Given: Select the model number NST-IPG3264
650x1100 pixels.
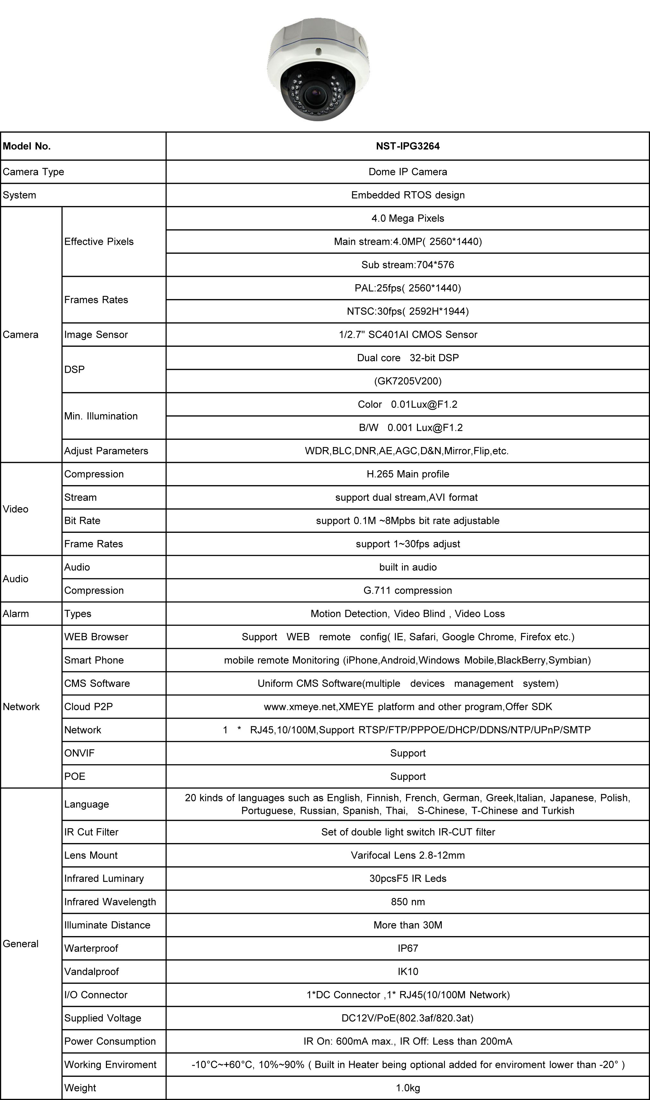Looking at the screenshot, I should point(407,146).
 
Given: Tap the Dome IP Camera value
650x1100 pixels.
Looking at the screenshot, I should point(407,172).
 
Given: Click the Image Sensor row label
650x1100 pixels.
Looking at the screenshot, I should point(96,334).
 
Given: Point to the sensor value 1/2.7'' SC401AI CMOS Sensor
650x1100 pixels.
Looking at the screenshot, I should point(407,334).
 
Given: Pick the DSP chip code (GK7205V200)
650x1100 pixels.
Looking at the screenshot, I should point(407,381).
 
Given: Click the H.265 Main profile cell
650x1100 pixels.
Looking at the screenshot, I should point(407,474).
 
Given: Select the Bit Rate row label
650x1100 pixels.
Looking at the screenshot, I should point(82,520).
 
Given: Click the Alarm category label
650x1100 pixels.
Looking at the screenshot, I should point(16,614).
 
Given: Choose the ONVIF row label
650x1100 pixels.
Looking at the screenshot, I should point(79,753).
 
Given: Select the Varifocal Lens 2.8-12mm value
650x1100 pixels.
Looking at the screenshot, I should point(407,855).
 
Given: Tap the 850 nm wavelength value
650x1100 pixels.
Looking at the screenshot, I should point(407,902).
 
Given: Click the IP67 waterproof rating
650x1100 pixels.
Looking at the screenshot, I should point(407,948).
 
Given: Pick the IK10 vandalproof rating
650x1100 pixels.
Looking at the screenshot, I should point(407,971).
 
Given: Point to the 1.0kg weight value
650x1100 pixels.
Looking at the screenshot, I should point(407,1088).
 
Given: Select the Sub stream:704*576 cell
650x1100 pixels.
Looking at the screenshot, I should point(407,265).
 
